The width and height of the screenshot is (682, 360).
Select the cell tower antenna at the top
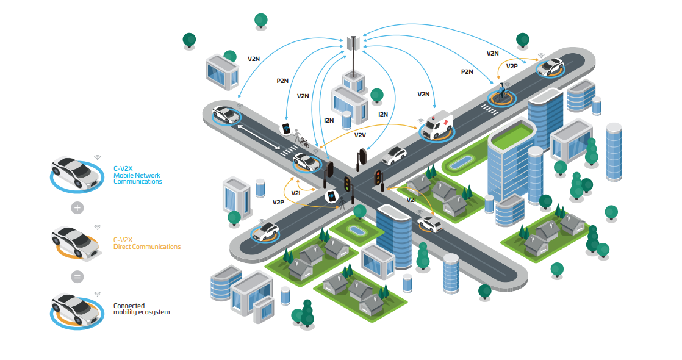[352, 43]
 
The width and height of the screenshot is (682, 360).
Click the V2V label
[360, 134]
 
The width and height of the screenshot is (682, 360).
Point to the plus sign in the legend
[77, 207]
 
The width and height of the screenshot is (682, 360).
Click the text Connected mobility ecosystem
[141, 309]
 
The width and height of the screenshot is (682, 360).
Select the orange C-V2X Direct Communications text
[146, 243]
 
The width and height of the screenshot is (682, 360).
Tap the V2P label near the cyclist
[512, 66]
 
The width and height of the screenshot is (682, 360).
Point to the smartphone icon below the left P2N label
[286, 129]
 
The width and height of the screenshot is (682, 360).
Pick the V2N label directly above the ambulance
[423, 95]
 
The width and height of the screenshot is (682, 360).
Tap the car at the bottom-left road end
[266, 231]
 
